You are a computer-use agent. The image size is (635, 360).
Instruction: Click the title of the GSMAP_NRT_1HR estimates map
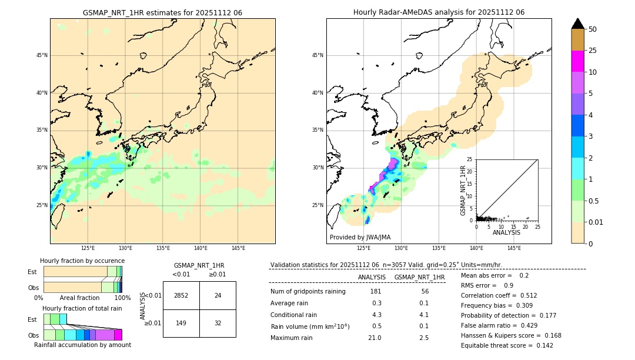[162, 12]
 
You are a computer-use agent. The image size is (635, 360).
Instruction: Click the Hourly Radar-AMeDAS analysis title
[439, 12]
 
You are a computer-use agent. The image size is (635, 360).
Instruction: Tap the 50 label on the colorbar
[593, 29]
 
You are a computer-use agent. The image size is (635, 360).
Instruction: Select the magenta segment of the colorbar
[577, 61]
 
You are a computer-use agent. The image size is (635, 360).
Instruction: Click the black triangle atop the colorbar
[577, 24]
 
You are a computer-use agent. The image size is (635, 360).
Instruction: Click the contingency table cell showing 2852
[181, 295]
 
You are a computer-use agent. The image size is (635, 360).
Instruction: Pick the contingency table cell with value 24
[218, 295]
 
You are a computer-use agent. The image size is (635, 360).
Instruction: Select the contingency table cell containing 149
[181, 323]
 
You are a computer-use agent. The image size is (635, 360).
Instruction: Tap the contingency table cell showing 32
[218, 323]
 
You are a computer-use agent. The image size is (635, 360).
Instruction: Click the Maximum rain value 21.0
[375, 338]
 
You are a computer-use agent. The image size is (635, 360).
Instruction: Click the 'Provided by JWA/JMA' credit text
[360, 237]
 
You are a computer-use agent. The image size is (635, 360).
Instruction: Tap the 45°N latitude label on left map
[42, 55]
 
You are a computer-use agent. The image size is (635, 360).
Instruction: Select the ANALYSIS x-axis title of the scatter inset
[506, 232]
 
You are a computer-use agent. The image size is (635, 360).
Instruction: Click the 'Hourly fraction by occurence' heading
[82, 261]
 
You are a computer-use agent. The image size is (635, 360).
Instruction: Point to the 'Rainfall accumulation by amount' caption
[82, 345]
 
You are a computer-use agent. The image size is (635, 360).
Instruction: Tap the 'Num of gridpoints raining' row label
[308, 292]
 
